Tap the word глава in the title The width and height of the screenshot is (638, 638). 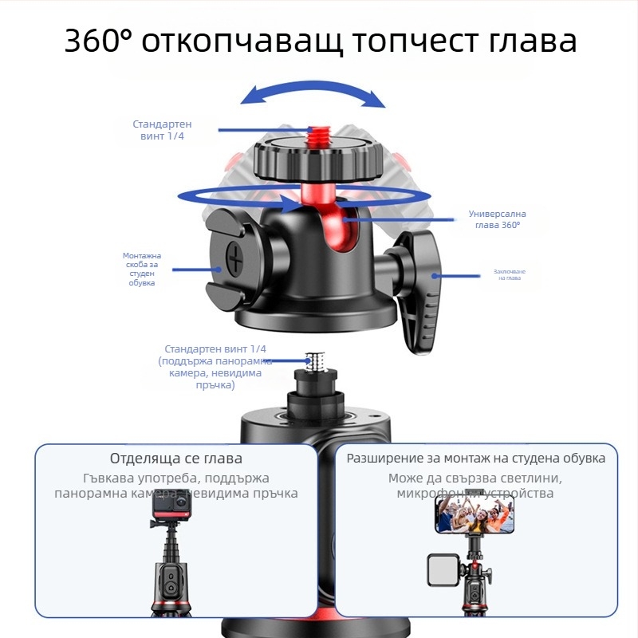tap(527, 41)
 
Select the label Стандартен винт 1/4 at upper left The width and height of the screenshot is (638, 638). tap(162, 130)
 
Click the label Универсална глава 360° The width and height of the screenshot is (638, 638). tap(497, 219)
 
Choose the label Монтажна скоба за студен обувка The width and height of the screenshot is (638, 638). tap(142, 269)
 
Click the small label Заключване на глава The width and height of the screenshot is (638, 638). tap(508, 274)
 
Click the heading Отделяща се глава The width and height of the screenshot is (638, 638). tap(175, 459)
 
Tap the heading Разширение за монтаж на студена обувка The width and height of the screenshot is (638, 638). tap(475, 459)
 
